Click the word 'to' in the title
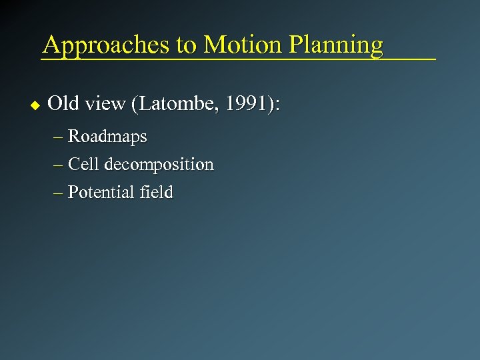pyautogui.click(x=186, y=45)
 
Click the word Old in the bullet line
pyautogui.click(x=63, y=103)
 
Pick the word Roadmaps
pyautogui.click(x=107, y=137)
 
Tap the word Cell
pyautogui.click(x=83, y=164)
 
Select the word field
pyautogui.click(x=157, y=192)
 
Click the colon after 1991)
pyautogui.click(x=277, y=105)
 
